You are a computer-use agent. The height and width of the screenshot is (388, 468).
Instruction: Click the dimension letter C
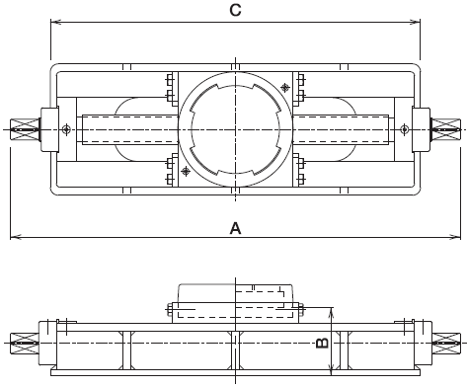point(235,10)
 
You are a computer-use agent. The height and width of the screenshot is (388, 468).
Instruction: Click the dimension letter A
point(235,228)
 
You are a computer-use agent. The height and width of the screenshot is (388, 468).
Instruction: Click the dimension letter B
point(322,343)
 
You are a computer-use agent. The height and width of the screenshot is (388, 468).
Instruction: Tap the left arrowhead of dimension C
point(55,22)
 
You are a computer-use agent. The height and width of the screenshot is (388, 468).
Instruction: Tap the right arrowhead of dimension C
point(416,22)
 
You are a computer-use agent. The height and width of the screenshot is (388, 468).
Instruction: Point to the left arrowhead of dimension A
point(16,237)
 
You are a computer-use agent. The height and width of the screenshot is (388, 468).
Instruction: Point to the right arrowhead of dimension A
point(455,237)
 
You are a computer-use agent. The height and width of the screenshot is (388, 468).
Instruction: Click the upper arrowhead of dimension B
point(332,313)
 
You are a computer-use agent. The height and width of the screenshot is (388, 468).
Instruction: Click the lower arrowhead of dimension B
point(332,370)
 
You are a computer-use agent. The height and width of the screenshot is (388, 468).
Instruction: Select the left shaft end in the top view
point(25,129)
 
